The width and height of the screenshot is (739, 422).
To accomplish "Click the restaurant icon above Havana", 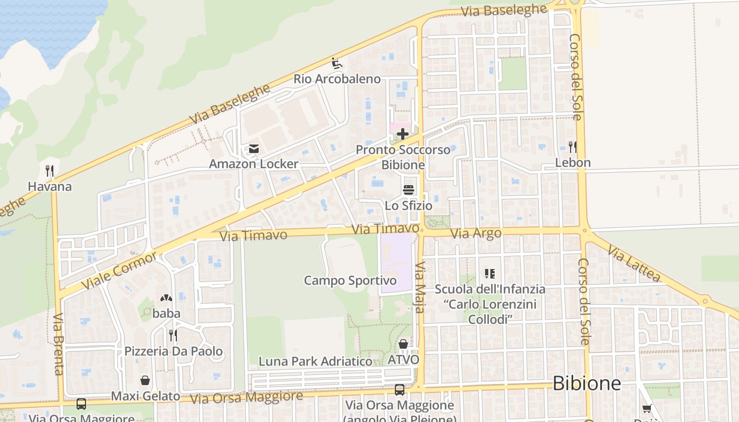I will [50, 171].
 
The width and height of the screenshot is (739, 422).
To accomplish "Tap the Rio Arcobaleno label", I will [337, 79].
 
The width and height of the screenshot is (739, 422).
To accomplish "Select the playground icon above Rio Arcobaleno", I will [337, 64].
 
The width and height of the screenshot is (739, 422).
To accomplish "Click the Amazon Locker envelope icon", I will [254, 149].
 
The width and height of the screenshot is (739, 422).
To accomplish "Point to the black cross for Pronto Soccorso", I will [403, 134].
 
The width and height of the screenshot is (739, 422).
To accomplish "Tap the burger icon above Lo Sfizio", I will [409, 190].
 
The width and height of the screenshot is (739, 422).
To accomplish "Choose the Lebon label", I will [573, 162].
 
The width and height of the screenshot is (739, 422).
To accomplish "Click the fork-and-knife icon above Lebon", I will [572, 147].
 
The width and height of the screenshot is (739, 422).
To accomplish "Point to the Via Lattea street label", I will [634, 263].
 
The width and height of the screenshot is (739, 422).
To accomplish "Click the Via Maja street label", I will [420, 287].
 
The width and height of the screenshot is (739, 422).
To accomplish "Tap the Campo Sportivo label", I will [350, 280].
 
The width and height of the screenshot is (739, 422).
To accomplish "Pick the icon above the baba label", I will [166, 298].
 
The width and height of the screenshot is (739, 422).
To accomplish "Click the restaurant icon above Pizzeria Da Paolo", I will [173, 335].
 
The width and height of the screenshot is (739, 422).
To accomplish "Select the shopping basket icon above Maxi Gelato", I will [145, 380].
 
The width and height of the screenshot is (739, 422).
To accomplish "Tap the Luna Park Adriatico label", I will [315, 361].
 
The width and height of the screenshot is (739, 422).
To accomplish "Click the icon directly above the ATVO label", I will [403, 344].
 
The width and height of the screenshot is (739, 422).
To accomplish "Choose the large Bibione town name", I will [586, 383].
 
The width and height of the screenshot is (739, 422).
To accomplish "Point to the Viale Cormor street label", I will [120, 271].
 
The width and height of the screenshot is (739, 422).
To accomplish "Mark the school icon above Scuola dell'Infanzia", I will [489, 273].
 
